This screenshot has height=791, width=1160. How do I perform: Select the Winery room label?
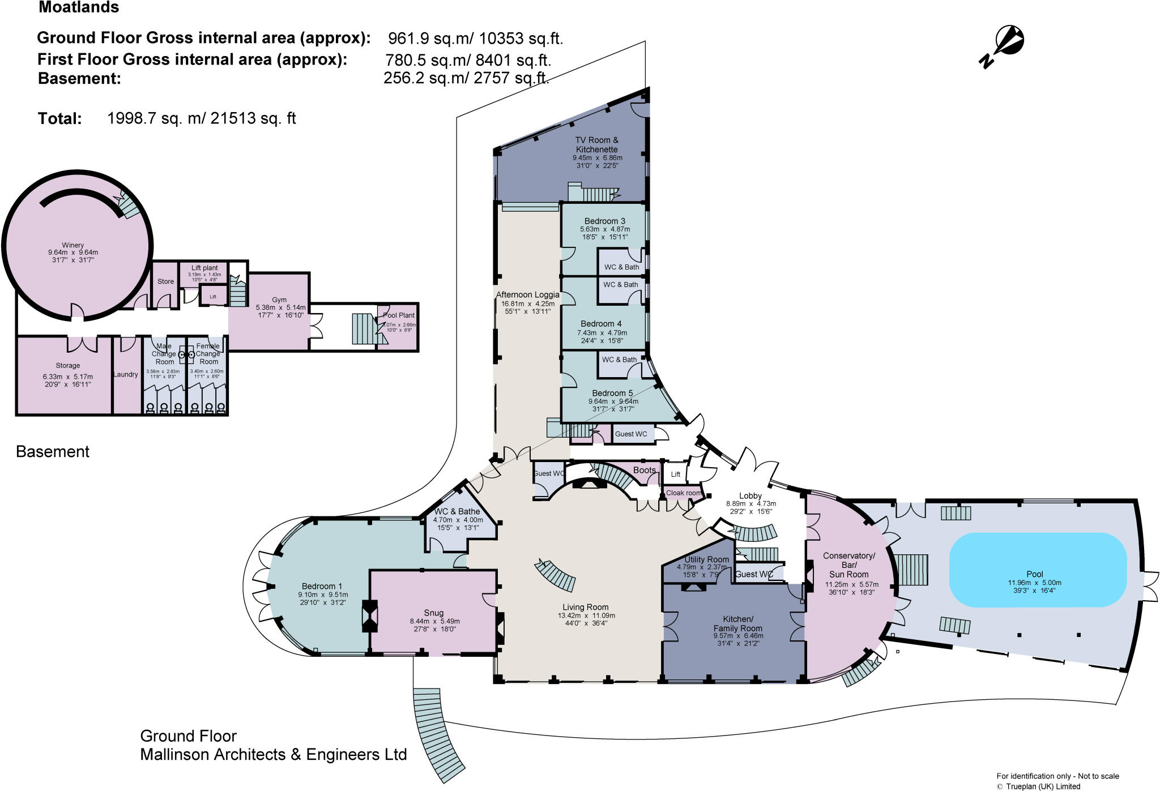pyautogui.click(x=73, y=245)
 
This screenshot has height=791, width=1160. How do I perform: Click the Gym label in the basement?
pyautogui.click(x=279, y=300)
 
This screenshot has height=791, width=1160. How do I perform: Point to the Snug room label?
pyautogui.click(x=433, y=613)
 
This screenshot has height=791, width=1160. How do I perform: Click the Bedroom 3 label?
pyautogui.click(x=605, y=221)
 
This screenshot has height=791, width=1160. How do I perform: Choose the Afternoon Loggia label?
pyautogui.click(x=527, y=294)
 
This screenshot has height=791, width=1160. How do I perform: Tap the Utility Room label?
pyautogui.click(x=706, y=559)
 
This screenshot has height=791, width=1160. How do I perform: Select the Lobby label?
pyautogui.click(x=750, y=495)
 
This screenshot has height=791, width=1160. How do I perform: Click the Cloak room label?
pyautogui.click(x=683, y=493)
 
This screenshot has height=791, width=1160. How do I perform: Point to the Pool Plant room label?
pyautogui.click(x=399, y=315)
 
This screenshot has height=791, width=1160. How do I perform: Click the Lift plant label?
pyautogui.click(x=204, y=268)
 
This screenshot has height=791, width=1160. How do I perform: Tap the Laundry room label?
pyautogui.click(x=126, y=374)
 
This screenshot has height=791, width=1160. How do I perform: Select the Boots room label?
pyautogui.click(x=645, y=470)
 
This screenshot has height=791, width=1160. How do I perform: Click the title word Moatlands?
pyautogui.click(x=79, y=8)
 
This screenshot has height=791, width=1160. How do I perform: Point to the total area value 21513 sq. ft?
pyautogui.click(x=253, y=118)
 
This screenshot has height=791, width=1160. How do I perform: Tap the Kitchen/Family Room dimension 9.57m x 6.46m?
pyautogui.click(x=738, y=636)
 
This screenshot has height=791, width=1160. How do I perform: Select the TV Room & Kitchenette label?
pyautogui.click(x=597, y=144)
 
